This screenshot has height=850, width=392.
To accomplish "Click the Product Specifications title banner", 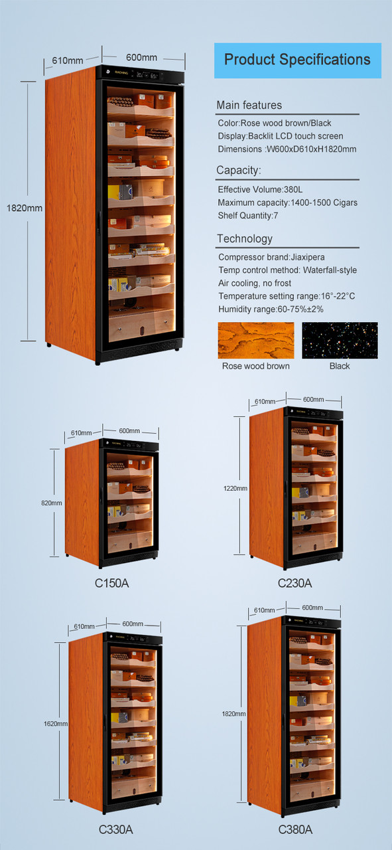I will (297, 60).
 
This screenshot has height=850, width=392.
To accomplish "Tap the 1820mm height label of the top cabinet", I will (25, 208).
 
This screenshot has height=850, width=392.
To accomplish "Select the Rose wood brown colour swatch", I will (255, 341).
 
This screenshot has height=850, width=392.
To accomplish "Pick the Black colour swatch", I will (340, 341).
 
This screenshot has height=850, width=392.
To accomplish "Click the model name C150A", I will (111, 584).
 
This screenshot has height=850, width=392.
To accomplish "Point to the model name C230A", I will (294, 584).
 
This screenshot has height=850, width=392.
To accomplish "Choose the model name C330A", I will (115, 829).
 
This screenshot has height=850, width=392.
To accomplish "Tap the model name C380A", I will (295, 829).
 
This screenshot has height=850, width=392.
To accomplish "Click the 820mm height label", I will (51, 503).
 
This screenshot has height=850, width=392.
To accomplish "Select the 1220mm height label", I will (235, 488).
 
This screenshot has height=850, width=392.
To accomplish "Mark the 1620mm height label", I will (56, 723).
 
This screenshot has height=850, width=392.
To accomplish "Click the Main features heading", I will (249, 106).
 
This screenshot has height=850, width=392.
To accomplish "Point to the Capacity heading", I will (239, 171).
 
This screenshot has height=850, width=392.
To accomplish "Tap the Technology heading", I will (244, 239).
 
